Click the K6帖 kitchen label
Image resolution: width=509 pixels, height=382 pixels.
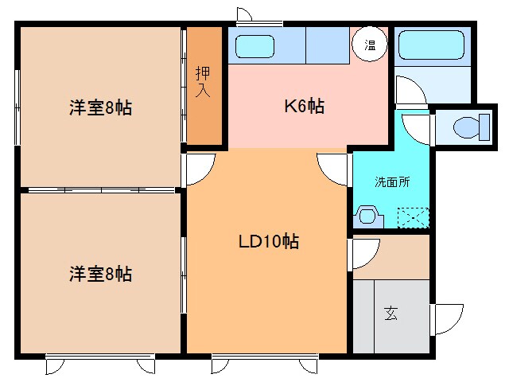pyautogui.click(x=305, y=106)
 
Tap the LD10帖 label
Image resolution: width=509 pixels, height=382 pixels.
pyautogui.click(x=269, y=242)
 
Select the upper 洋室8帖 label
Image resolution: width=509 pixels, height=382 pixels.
pyautogui.click(x=99, y=108)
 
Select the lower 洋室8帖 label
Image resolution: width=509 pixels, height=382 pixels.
pyautogui.click(x=99, y=275)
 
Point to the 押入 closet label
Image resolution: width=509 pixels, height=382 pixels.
pyautogui.click(x=204, y=81)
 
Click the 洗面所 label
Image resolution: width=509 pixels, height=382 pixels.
pyautogui.click(x=392, y=181)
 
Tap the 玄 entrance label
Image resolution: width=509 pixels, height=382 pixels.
pyautogui.click(x=391, y=313)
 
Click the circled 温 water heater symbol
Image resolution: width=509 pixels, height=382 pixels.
pyautogui.click(x=371, y=45)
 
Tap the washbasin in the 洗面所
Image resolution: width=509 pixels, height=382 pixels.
pyautogui.click(x=368, y=216)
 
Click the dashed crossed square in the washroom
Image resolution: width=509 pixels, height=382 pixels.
pyautogui.click(x=414, y=216)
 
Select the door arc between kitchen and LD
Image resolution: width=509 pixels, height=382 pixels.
pyautogui.click(x=334, y=168)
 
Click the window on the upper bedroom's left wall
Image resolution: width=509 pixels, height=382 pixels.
pyautogui.click(x=17, y=107)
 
